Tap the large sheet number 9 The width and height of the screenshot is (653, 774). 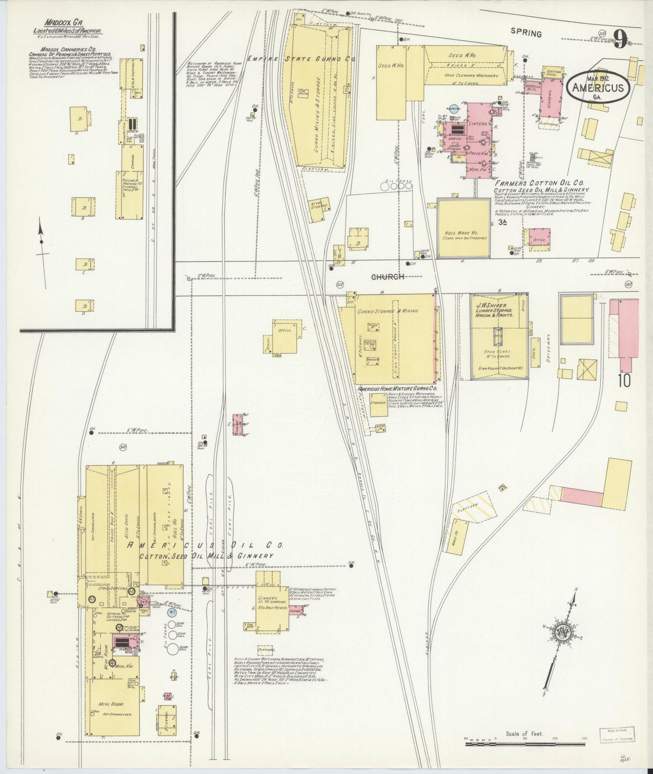[620, 39]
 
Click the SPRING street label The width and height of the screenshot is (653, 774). [526, 33]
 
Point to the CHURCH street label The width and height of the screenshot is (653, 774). [387, 277]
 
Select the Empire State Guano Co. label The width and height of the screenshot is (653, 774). [302, 59]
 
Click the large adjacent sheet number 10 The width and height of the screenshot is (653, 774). [625, 381]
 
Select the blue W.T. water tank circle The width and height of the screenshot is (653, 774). [172, 612]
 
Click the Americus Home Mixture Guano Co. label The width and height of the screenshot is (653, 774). [397, 388]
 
